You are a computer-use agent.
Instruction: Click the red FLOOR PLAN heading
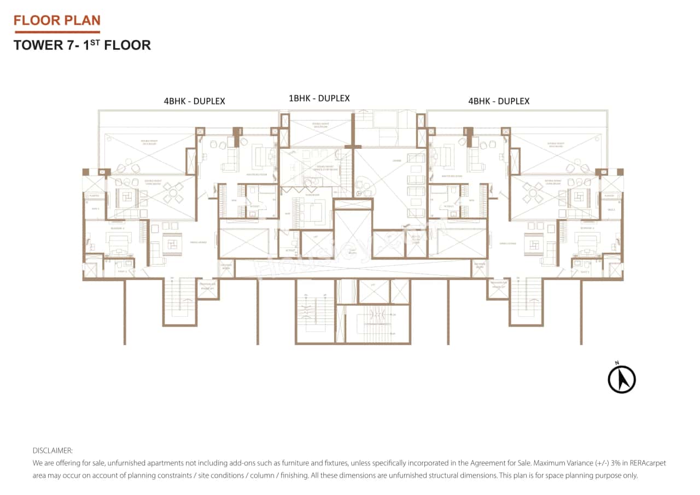point(57,21)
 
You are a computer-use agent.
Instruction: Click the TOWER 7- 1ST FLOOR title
point(82,45)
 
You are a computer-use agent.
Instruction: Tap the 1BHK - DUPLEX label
point(319,98)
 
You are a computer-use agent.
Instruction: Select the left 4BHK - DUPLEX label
point(194,101)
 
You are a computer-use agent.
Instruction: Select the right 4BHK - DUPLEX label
point(499,101)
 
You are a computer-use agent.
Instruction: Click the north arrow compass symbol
point(622,378)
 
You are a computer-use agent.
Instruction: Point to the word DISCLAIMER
point(52,451)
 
